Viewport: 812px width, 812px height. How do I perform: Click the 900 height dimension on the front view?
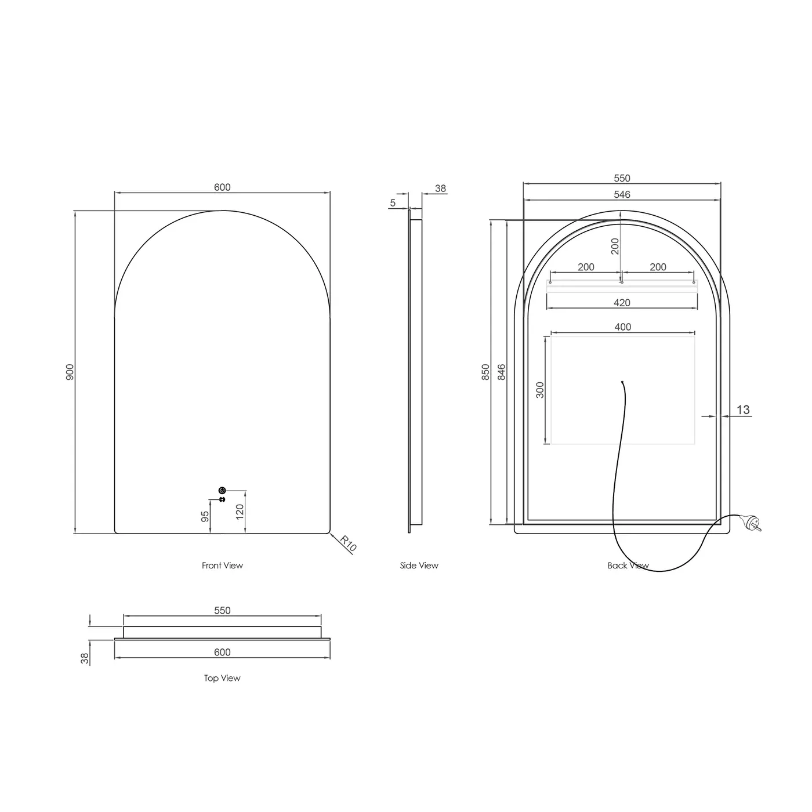pos(70,372)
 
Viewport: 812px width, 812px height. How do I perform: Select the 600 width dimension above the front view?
pos(222,187)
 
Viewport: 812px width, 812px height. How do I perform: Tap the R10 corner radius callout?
pos(348,543)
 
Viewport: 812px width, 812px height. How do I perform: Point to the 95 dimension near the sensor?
pos(205,516)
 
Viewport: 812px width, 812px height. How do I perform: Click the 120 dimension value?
pos(240,512)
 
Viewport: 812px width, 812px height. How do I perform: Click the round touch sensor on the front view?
pos(222,491)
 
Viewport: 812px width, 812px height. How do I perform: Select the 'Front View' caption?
pos(222,565)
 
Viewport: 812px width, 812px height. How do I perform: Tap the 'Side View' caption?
pos(419,565)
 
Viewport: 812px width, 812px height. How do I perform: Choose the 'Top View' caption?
pos(222,678)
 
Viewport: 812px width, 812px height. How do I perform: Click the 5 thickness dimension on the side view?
pos(393,203)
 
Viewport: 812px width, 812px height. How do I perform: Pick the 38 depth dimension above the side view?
pos(440,188)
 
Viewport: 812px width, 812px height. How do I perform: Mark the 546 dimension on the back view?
pos(622,195)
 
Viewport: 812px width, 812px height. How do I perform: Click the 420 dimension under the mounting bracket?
pos(622,303)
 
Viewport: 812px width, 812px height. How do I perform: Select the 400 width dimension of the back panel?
pos(622,327)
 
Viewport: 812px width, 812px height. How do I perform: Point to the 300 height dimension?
pos(540,389)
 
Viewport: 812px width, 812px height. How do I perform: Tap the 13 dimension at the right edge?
pos(743,410)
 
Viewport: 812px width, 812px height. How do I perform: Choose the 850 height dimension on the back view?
pos(486,372)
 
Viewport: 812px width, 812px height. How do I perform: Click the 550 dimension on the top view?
pos(222,611)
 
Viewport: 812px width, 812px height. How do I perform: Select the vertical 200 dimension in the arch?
pos(615,246)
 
